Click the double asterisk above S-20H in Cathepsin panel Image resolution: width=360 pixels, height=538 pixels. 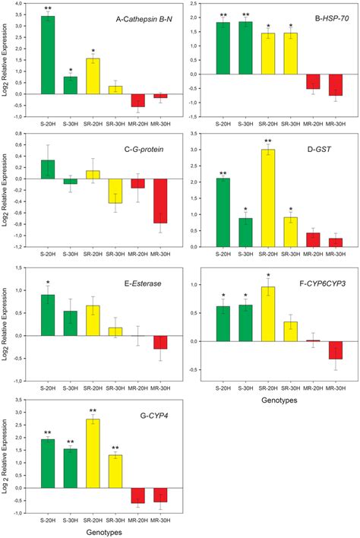pyautogui.click(x=47, y=8)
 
